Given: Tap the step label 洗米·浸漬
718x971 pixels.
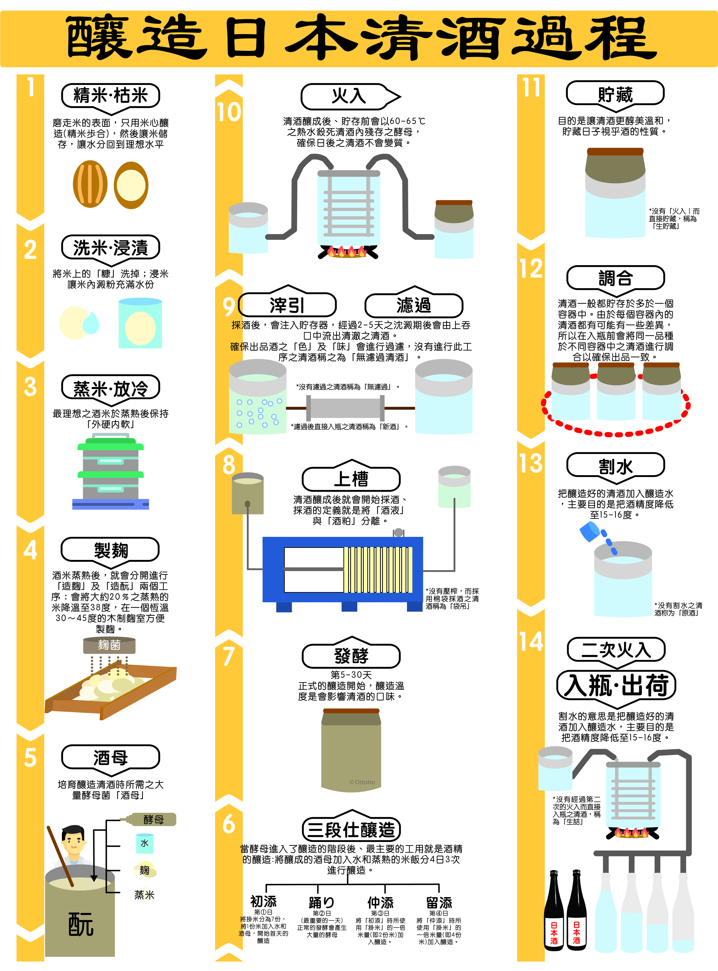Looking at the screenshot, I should pos(110,248).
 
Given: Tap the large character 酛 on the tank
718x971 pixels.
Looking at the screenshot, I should pos(81,924).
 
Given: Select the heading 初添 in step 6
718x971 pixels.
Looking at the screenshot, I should pos(263,901).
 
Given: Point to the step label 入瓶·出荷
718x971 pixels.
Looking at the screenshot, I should pos(616,686).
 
